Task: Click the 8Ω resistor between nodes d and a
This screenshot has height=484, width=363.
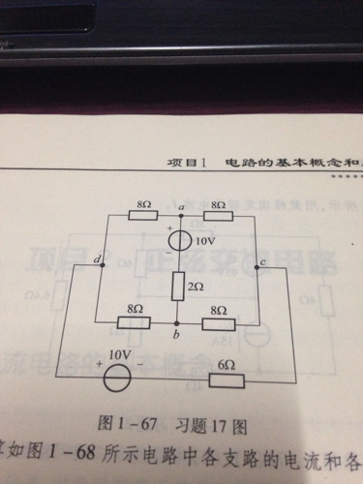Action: tap(145, 217)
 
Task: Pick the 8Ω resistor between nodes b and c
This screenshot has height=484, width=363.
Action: tap(219, 321)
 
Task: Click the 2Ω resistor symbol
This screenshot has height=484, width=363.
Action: tap(178, 286)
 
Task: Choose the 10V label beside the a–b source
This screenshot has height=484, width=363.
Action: tap(204, 240)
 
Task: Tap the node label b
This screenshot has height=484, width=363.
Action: tap(175, 335)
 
